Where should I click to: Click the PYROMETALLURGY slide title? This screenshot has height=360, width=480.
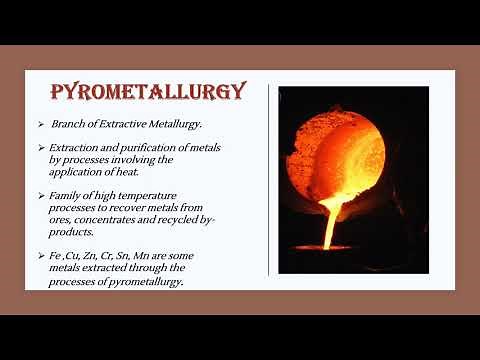tap(148, 93)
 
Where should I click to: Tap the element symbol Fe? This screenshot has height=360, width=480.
tap(55, 255)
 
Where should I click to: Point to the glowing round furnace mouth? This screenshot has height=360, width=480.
tap(345, 150)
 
